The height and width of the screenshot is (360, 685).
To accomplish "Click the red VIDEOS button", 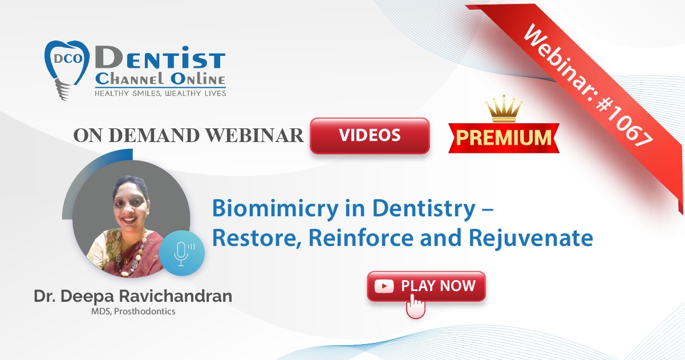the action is click(x=370, y=135).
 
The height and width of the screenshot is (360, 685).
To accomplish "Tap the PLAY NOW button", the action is click(x=426, y=286).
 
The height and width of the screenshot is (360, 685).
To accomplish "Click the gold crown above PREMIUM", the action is click(x=504, y=108).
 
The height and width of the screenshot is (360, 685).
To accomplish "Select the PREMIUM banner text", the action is click(x=504, y=138).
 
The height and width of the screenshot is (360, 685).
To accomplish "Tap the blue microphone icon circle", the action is click(x=182, y=253).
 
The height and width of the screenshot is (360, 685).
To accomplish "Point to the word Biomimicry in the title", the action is click(x=275, y=209).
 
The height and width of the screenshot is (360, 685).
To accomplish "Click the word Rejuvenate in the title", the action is click(x=531, y=238).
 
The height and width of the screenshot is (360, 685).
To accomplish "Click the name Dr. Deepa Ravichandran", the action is click(x=133, y=296).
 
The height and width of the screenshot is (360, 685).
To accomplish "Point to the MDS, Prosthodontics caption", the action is click(x=133, y=312).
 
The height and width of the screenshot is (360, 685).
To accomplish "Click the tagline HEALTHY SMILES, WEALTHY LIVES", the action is click(x=160, y=94).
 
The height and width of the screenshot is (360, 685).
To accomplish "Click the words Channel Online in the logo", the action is click(x=160, y=79).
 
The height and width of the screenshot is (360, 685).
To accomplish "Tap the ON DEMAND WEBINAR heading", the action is click(x=188, y=135).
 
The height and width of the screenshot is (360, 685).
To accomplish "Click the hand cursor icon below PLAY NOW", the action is click(x=415, y=306).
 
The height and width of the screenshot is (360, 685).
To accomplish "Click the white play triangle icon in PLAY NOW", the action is click(x=384, y=286).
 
